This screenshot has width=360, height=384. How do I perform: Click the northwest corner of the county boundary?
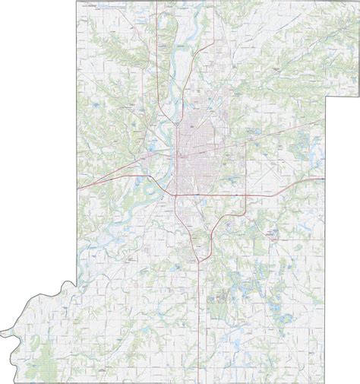point(75,2)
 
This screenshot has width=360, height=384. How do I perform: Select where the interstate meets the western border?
point(76,186)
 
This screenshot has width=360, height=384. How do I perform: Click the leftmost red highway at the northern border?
point(158,3)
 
